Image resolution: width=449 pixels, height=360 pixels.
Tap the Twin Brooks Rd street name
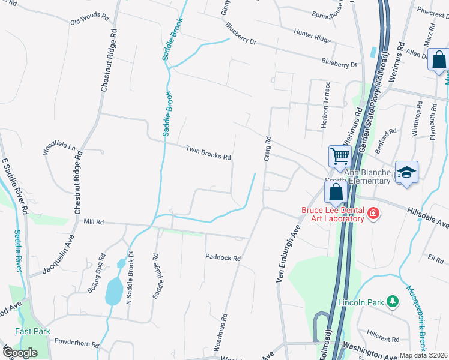(208, 153)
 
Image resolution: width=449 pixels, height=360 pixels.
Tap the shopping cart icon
(340, 157)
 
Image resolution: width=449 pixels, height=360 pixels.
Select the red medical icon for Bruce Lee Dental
(373, 214)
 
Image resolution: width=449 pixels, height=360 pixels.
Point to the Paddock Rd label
(223, 258)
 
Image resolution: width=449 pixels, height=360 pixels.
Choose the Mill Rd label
(94, 222)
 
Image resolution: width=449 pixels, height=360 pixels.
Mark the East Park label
(34, 331)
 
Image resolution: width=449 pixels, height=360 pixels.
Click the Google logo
(20, 352)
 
